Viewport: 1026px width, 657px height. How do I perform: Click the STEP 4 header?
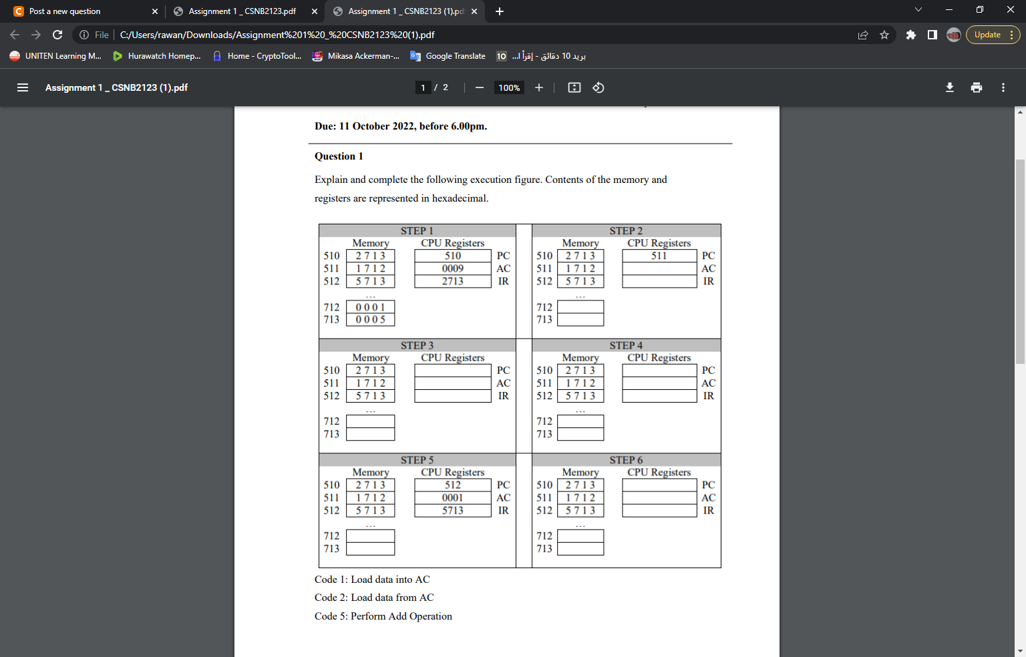pyautogui.click(x=626, y=345)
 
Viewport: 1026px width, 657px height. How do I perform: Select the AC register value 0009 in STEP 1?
pyautogui.click(x=452, y=268)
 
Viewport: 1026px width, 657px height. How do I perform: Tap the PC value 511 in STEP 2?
pyautogui.click(x=659, y=256)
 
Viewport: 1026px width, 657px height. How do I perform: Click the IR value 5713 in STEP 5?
pyautogui.click(x=452, y=510)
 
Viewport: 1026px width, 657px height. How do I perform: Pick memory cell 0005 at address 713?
pyautogui.click(x=371, y=319)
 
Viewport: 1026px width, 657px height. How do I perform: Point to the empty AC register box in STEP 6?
pyautogui.click(x=659, y=497)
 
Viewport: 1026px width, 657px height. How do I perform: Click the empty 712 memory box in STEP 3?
pyautogui.click(x=371, y=421)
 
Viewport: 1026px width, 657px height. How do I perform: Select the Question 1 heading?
pyautogui.click(x=339, y=156)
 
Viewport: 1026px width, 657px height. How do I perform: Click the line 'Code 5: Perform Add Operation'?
pyautogui.click(x=383, y=616)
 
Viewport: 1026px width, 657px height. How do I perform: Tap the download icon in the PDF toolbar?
pyautogui.click(x=950, y=87)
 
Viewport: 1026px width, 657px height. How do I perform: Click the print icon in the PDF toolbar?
pyautogui.click(x=977, y=87)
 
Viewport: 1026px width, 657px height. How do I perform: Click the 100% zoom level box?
pyautogui.click(x=509, y=87)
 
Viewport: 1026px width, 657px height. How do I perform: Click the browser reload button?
pyautogui.click(x=57, y=35)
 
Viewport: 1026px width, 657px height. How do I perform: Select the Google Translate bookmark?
pyautogui.click(x=448, y=56)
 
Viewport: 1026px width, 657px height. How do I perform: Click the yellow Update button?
pyautogui.click(x=993, y=35)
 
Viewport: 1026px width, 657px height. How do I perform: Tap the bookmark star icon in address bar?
pyautogui.click(x=884, y=35)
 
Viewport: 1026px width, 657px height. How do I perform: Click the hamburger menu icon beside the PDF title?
pyautogui.click(x=23, y=87)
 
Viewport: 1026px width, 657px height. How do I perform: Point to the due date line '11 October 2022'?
pyautogui.click(x=377, y=126)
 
